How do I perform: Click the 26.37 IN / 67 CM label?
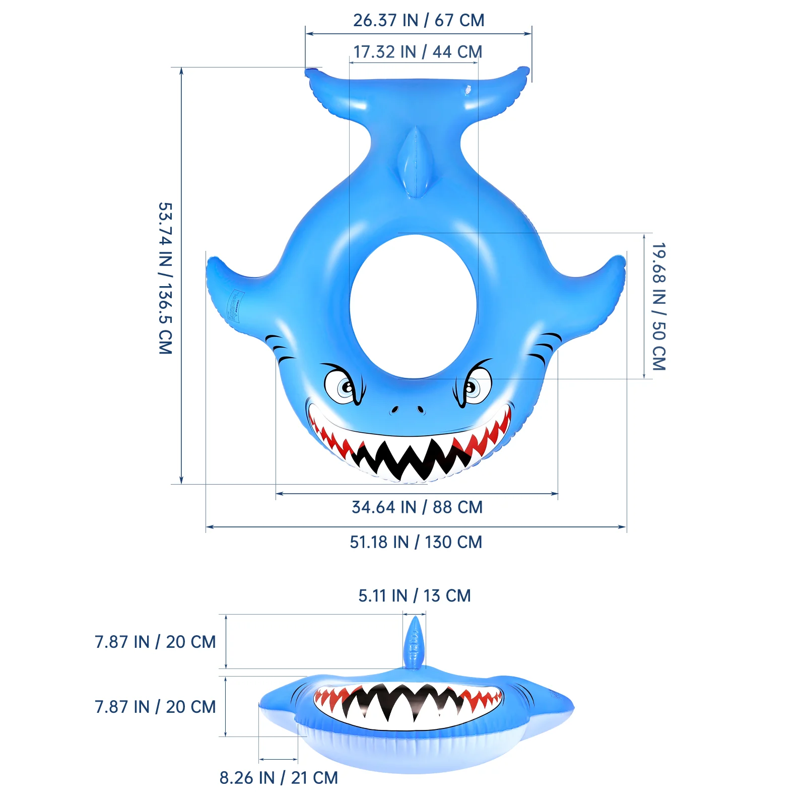(419, 20)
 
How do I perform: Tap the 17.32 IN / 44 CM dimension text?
(418, 51)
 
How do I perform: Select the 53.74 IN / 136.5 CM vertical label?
(165, 278)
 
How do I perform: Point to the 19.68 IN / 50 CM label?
(659, 306)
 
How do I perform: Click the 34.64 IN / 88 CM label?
(417, 507)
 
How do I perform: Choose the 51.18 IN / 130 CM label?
(416, 542)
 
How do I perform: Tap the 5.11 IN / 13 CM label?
(415, 595)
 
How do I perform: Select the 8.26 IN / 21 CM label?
(279, 778)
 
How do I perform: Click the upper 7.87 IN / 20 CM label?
(155, 642)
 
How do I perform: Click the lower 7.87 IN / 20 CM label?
(155, 707)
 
